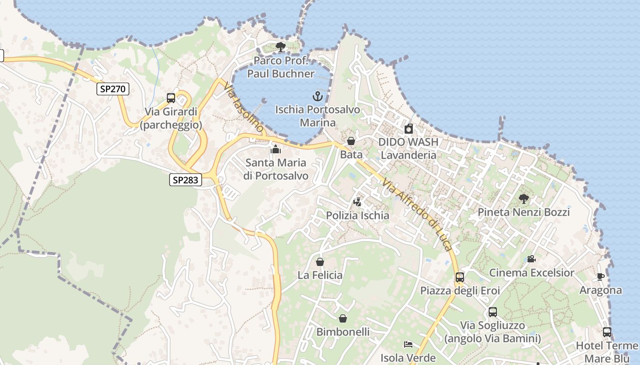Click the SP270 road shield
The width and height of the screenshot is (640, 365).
[x=113, y=89]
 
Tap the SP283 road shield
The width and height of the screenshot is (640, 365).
[x=186, y=180]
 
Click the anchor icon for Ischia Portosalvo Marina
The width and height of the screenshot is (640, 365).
[x=318, y=96]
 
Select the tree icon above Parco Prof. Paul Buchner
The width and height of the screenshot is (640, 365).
[x=281, y=47]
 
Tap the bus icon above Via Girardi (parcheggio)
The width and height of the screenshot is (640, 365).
[x=171, y=98]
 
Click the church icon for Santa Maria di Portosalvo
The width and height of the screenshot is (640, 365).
[x=275, y=149]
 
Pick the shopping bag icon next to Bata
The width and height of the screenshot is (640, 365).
[x=351, y=141]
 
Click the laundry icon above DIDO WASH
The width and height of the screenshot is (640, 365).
[x=409, y=129]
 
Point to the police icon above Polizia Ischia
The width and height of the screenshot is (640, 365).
[x=357, y=202]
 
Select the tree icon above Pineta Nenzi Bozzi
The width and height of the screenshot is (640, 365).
[x=524, y=198]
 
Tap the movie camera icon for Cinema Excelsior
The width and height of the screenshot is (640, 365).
[x=531, y=259]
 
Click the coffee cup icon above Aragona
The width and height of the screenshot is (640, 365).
[x=601, y=276]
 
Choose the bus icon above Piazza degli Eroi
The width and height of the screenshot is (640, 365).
[x=460, y=277]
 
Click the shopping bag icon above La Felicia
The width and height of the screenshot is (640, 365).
[x=320, y=262]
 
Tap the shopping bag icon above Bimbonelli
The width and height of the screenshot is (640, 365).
[x=343, y=318]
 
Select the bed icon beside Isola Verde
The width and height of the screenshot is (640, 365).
[x=408, y=344]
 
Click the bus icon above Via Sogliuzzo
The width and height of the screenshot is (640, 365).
[x=493, y=312]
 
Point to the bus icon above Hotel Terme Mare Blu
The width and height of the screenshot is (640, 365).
[x=607, y=332]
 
